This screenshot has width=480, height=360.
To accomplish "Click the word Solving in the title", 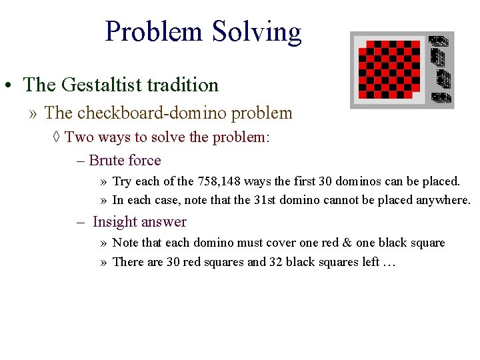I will [x=257, y=31].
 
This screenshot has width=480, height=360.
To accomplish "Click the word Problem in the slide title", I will [x=154, y=31].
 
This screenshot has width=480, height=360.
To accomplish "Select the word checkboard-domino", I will [x=163, y=113].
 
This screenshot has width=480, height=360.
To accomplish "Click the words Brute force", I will [x=125, y=160].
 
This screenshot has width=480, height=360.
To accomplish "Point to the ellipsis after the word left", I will [x=389, y=262].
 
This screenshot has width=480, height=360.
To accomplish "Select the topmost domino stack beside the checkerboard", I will [x=438, y=42].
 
